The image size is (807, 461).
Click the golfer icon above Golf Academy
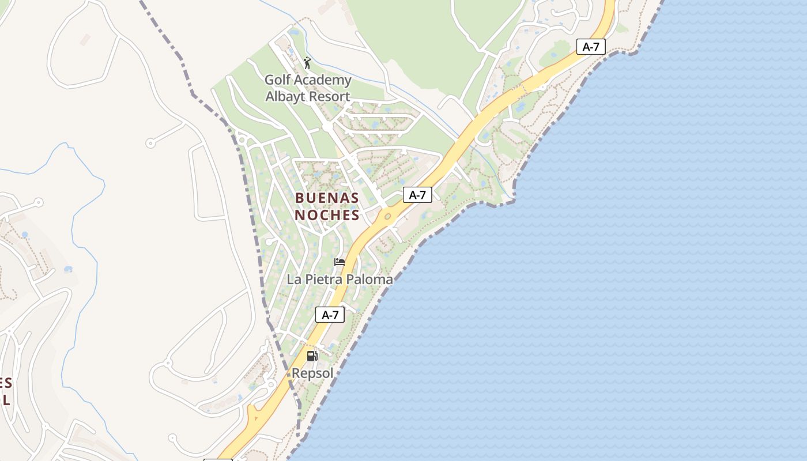307,63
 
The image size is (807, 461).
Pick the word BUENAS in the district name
327,198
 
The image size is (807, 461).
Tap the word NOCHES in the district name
327,216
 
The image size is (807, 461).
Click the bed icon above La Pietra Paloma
340,262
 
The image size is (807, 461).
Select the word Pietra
324,279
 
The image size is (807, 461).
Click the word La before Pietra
295,279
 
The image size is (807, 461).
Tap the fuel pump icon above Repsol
312,356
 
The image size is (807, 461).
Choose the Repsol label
312,373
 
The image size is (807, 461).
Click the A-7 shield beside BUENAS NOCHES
417,195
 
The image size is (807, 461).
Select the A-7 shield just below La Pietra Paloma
330,315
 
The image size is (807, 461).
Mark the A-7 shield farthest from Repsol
591,47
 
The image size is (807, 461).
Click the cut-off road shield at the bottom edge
218,459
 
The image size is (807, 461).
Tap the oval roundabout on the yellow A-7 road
387,217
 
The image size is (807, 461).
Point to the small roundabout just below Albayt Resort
327,126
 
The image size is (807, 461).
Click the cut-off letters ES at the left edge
6,383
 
